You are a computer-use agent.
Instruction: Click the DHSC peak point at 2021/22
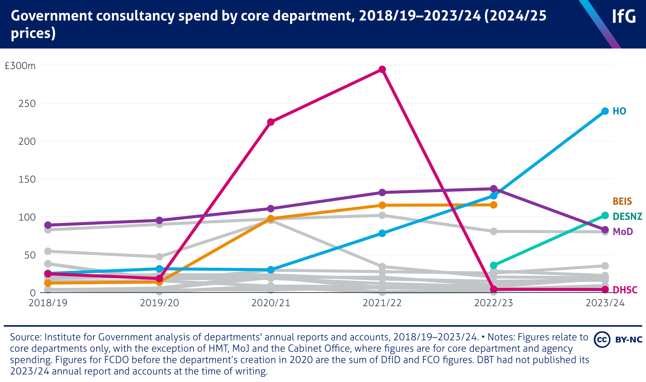click(x=382, y=69)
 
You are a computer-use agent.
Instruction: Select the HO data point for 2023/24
click(x=605, y=111)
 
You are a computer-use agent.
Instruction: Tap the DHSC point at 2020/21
click(x=271, y=122)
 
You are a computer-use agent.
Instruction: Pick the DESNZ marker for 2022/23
click(x=493, y=265)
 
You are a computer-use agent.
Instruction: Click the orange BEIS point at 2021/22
click(x=382, y=205)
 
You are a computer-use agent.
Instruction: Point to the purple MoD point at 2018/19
click(x=48, y=225)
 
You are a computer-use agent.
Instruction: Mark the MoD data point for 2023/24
click(x=605, y=230)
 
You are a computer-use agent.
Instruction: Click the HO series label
click(x=619, y=111)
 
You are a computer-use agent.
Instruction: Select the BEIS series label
click(x=622, y=201)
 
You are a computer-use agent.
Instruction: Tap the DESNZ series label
click(x=627, y=216)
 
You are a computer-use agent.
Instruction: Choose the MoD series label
click(x=623, y=232)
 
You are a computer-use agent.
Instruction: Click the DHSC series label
click(x=625, y=290)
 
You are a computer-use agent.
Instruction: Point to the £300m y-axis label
click(x=20, y=66)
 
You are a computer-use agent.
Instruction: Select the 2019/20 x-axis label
click(x=159, y=303)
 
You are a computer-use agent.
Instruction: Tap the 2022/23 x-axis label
click(x=493, y=303)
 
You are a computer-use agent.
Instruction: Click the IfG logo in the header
click(x=624, y=17)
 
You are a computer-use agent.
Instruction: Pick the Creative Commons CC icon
click(x=602, y=339)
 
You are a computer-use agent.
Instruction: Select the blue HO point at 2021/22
click(x=382, y=233)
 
